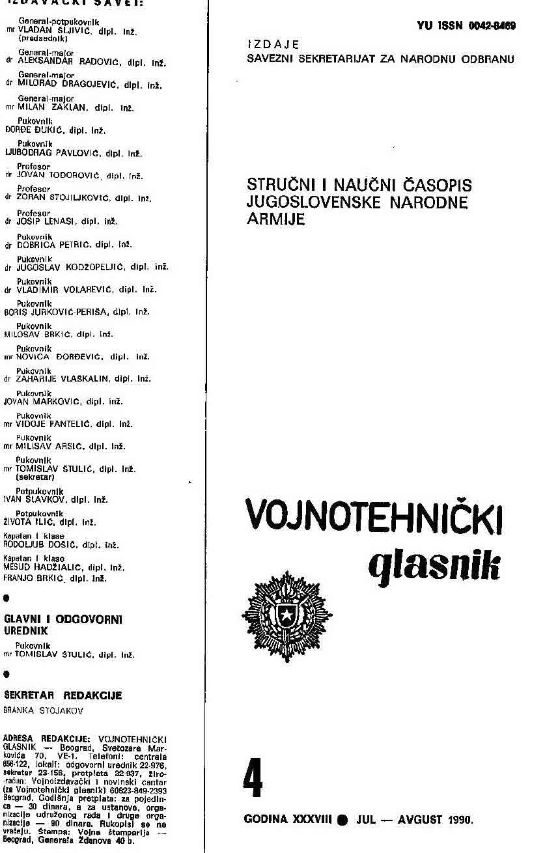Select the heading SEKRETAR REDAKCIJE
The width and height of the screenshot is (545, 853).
[x=63, y=695]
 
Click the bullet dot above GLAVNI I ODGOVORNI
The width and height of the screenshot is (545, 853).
[x=7, y=597]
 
